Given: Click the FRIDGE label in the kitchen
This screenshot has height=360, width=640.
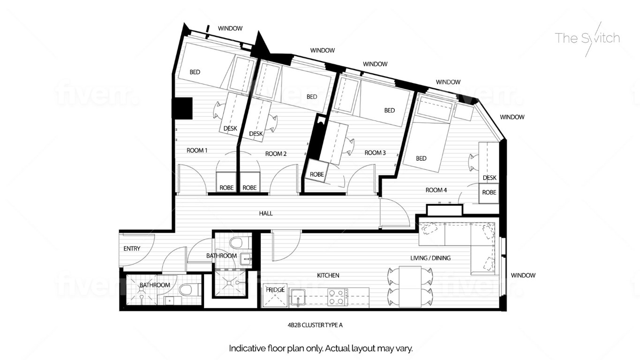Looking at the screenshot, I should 275,290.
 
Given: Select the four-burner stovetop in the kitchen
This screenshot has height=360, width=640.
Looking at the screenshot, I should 337,297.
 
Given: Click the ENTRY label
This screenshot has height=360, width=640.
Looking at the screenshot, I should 132,248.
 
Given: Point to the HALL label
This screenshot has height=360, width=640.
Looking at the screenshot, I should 266,213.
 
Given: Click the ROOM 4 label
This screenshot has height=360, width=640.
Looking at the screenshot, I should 436,190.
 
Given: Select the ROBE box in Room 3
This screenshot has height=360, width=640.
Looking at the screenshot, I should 317,175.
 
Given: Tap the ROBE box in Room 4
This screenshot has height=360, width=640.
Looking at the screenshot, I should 489,193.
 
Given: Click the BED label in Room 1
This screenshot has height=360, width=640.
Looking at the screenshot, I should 195,72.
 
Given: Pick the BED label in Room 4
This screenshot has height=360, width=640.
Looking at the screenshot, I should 421,158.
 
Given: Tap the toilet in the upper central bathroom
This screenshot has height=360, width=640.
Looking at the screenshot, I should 237,242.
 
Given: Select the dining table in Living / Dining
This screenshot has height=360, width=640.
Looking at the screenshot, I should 410,286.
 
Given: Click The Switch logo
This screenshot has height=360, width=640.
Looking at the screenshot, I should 587,38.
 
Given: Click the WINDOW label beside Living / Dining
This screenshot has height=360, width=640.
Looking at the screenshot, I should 523,275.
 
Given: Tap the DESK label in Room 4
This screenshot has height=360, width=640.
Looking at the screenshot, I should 489,178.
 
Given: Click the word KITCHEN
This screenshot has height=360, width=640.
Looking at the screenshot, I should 328,275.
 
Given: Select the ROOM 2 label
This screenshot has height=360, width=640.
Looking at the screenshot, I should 276,154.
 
